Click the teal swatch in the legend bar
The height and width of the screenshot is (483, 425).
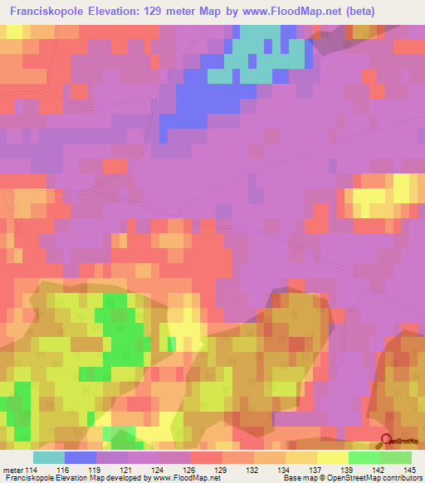click(49, 457)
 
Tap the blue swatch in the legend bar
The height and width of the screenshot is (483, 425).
click(81, 457)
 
